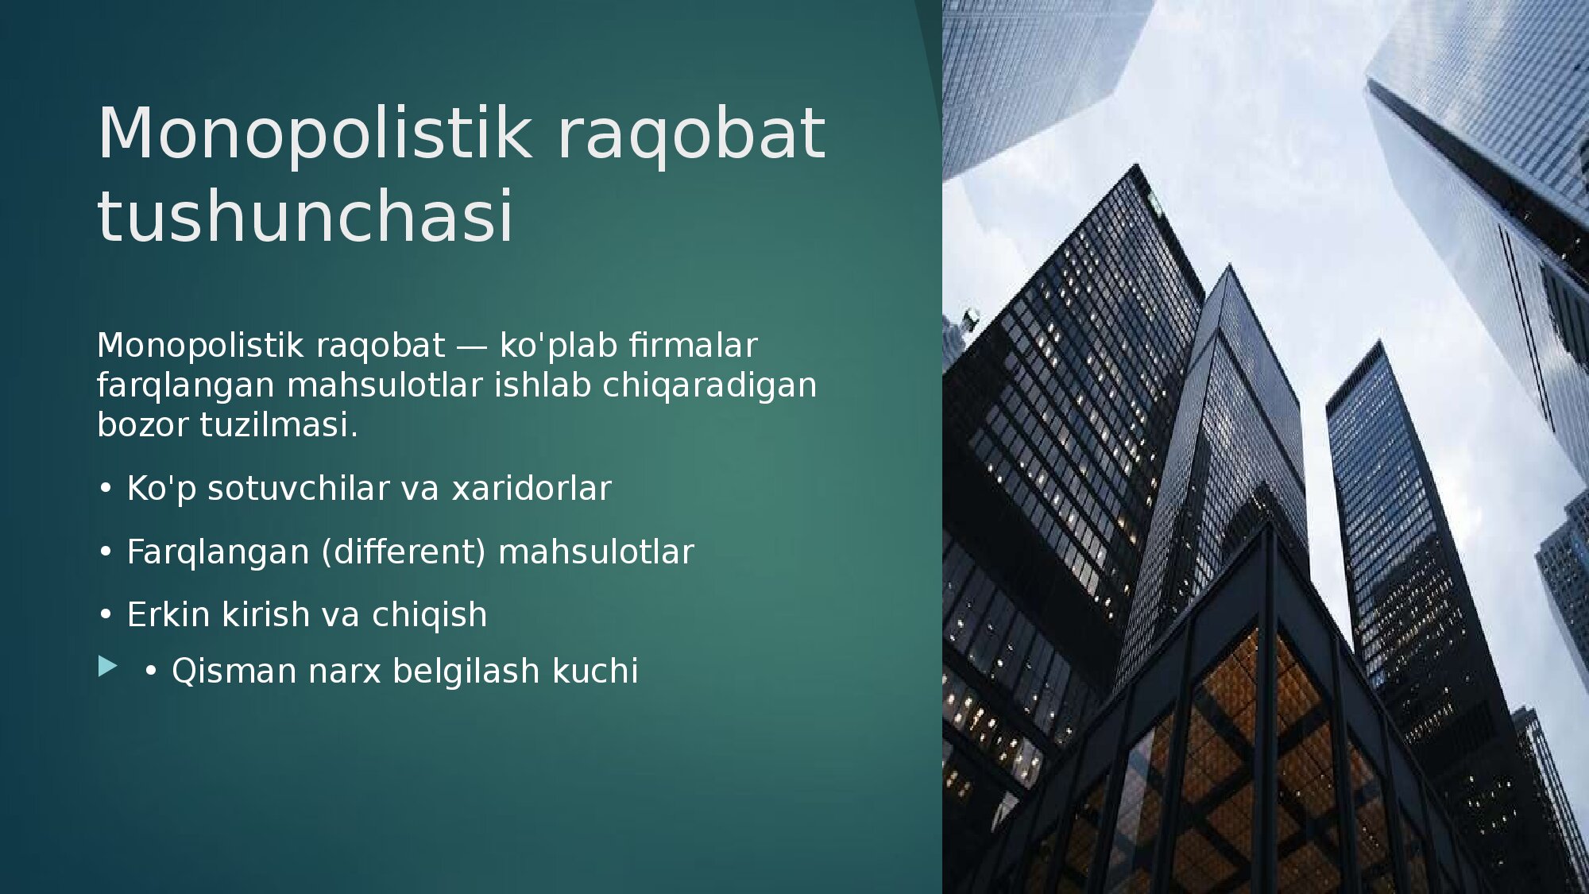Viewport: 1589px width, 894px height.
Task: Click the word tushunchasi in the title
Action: coord(306,216)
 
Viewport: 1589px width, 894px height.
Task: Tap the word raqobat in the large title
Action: coord(691,135)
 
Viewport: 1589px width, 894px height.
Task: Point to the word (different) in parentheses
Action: coord(404,551)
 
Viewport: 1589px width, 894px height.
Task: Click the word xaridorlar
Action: coord(532,488)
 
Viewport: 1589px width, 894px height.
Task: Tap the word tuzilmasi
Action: coord(279,424)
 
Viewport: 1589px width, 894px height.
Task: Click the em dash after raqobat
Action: coord(472,346)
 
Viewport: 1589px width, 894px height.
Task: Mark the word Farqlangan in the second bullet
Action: coord(218,552)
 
